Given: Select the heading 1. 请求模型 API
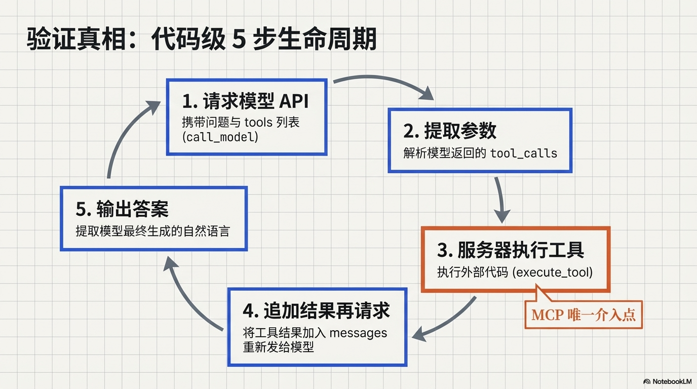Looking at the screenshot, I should pos(246,101).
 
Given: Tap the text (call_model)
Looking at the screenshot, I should pos(220,137).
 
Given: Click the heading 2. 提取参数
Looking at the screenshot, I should pos(450,131).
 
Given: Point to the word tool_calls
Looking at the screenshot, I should pos(524,153).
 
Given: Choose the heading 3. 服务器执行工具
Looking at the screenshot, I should pos(511,250).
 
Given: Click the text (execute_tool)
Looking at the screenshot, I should pos(553,272).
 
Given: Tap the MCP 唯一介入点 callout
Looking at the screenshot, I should pos(583,315).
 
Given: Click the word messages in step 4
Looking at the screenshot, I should pos(358,333).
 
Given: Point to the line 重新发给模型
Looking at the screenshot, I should pos(279,348).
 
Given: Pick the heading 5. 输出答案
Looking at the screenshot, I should pos(122,209).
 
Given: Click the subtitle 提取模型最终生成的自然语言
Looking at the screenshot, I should pos(152,231).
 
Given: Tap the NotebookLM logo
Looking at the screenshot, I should pos(667,381).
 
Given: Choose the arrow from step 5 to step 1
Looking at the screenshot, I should pos(125,137).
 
